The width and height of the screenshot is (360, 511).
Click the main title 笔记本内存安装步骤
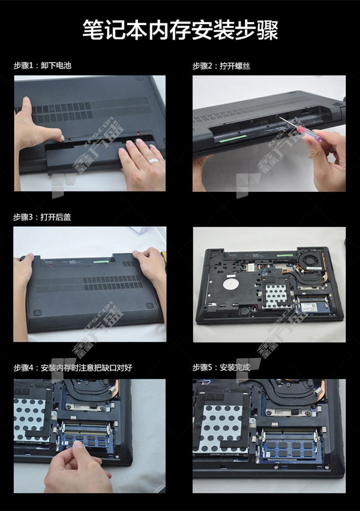pyautogui.click(x=180, y=30)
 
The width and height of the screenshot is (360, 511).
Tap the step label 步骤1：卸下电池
pyautogui.click(x=42, y=66)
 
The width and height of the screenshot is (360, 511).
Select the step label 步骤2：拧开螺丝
pyautogui.click(x=221, y=66)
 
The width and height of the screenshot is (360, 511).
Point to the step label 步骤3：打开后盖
pyautogui.click(x=42, y=217)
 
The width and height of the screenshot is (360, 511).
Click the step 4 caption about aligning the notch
pyautogui.click(x=73, y=368)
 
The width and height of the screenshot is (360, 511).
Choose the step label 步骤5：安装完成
pyautogui.click(x=221, y=367)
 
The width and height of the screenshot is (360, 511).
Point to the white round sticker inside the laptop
pyautogui.click(x=231, y=284)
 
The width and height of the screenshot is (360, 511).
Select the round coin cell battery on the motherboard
pyautogui.click(x=245, y=310)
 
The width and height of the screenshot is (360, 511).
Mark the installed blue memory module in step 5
pyautogui.click(x=288, y=449)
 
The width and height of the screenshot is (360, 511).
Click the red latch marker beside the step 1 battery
pyautogui.click(x=139, y=133)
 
